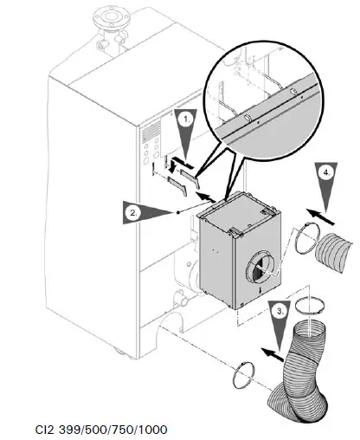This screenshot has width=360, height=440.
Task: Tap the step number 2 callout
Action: click(132, 210)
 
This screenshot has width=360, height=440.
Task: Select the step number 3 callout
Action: click(277, 309)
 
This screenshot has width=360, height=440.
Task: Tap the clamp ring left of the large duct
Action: click(242, 379)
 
